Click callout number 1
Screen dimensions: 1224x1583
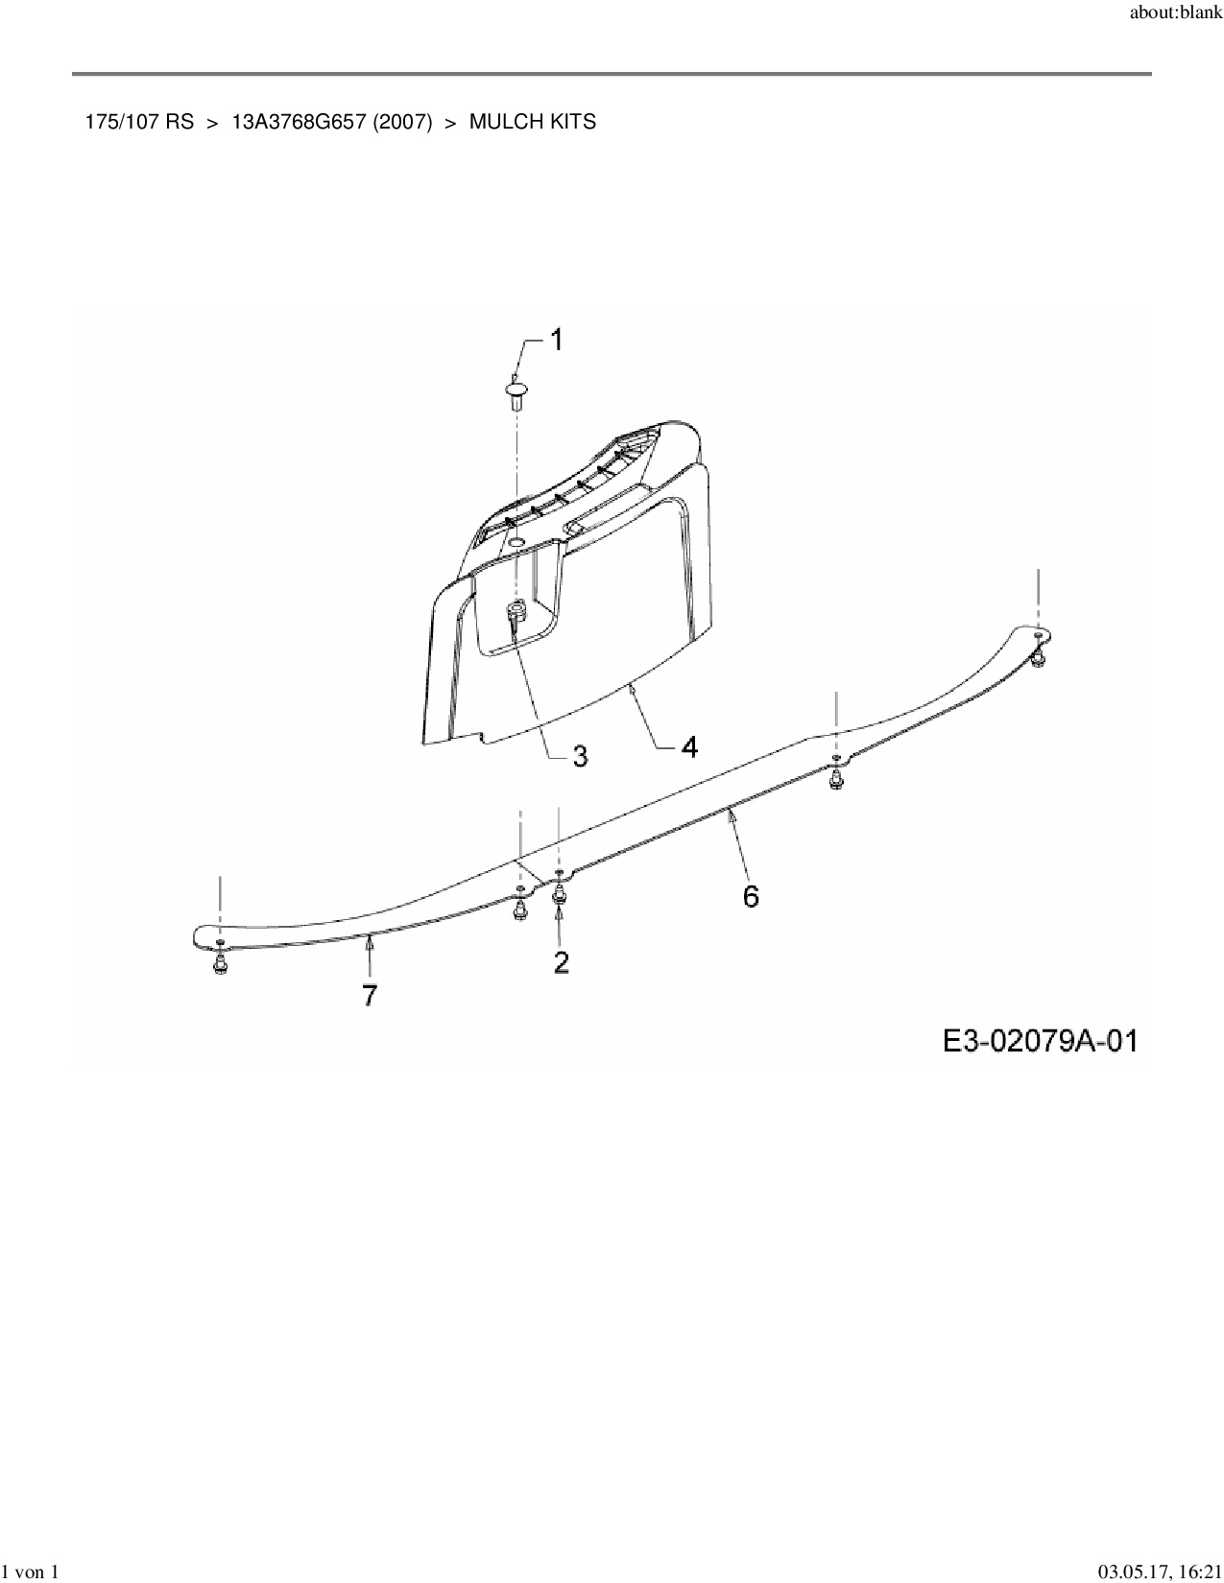[556, 341]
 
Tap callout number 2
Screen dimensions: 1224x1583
[561, 961]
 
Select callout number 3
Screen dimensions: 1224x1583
[580, 756]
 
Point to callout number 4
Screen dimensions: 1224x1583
[689, 745]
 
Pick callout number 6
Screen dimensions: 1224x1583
[751, 896]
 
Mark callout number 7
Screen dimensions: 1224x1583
[370, 995]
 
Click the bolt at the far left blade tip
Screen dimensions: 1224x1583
[221, 964]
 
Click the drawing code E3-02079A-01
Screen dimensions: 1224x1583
[1040, 1041]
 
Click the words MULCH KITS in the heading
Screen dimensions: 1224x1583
[532, 122]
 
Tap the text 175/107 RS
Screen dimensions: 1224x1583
[139, 122]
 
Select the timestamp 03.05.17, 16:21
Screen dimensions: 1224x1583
[1161, 1571]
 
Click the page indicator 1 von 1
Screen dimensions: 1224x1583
[31, 1571]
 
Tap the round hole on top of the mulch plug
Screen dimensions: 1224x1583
[516, 543]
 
